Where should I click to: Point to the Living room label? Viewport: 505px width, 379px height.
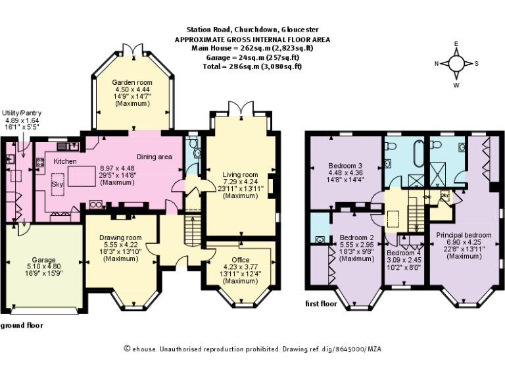pos(239,174)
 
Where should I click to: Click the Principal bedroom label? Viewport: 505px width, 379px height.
pos(464,235)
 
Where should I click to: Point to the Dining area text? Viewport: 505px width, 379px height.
pos(155,157)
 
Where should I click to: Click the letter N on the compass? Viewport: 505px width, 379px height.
pos(435,64)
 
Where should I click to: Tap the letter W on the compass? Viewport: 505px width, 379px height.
pos(456,85)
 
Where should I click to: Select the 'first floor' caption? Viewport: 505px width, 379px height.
pos(322,304)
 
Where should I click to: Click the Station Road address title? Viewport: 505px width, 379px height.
pos(252,30)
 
